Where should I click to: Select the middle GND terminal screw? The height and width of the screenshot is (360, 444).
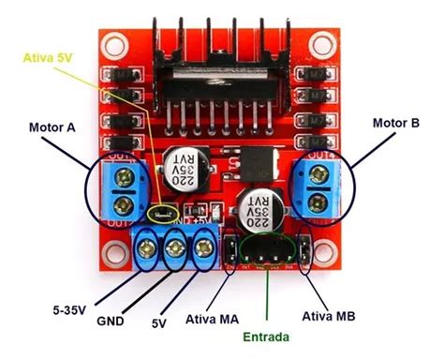pos(176,248)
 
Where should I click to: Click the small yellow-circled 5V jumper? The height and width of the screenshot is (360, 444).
pos(165,215)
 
